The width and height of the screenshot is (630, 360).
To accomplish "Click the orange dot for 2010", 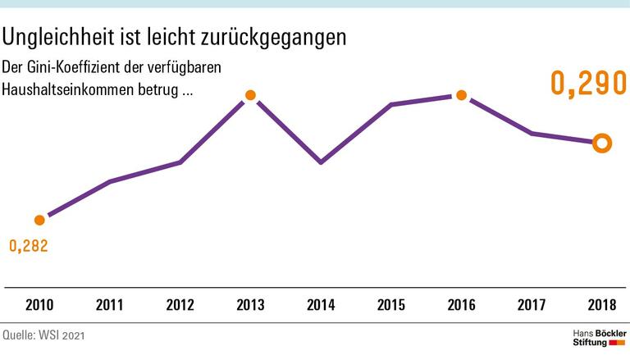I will (39, 220).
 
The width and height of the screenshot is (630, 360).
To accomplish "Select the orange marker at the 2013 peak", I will (250, 96).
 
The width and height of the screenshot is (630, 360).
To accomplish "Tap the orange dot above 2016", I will (461, 95).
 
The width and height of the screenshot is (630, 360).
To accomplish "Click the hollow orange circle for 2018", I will (601, 144).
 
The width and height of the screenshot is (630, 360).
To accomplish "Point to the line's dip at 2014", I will (321, 162).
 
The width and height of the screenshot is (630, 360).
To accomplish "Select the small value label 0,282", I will (29, 245).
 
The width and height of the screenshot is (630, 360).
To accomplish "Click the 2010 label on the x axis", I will (39, 306).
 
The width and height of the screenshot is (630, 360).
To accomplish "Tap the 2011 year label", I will (110, 306).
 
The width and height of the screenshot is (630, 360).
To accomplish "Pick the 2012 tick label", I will (180, 306).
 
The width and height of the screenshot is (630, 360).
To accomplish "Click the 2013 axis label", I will (250, 306).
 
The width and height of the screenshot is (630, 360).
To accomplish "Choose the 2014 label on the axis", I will (321, 306).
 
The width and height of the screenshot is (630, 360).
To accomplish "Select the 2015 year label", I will (390, 306).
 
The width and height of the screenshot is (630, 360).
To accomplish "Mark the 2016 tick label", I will (461, 306).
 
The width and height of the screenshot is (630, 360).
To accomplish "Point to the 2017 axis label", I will (532, 306).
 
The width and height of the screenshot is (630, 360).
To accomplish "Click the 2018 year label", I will (601, 306).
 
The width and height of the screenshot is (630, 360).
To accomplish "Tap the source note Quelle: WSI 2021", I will (43, 336).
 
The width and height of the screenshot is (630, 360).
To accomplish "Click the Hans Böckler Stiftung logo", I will (597, 339).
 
